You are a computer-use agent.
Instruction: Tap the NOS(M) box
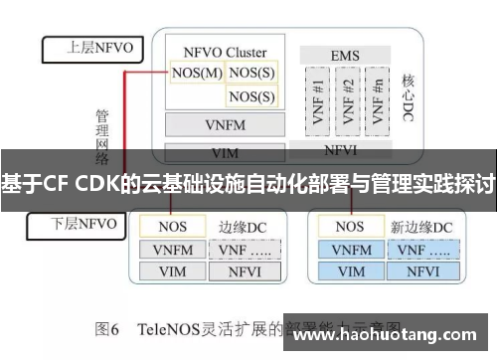click(x=196, y=72)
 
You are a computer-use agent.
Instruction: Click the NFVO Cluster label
click(x=225, y=51)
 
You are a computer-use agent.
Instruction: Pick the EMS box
click(x=345, y=55)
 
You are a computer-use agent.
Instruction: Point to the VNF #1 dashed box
click(x=318, y=99)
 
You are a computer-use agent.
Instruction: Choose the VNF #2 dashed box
click(x=347, y=99)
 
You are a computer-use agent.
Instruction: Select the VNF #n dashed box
click(x=376, y=99)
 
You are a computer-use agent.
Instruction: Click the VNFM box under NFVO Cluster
click(x=224, y=125)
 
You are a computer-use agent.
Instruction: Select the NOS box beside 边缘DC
click(x=173, y=227)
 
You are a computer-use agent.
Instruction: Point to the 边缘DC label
click(x=243, y=227)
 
